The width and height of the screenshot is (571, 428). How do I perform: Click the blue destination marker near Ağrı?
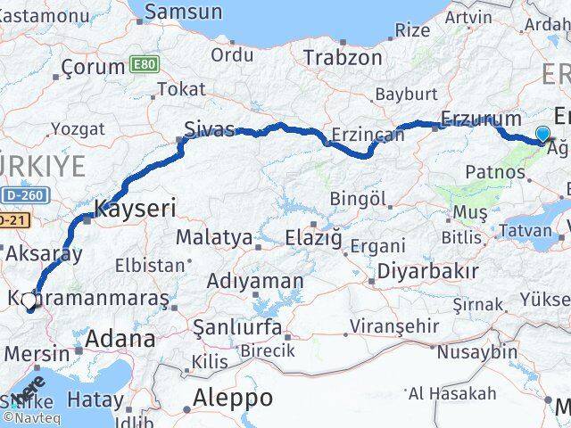542,135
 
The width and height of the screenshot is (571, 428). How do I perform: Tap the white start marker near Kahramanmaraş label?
29,301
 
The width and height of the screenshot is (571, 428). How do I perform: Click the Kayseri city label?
135,210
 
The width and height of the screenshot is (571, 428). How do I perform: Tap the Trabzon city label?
343,57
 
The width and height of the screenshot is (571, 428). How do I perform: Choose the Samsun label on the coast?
183,12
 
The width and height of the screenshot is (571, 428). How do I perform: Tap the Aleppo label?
234,397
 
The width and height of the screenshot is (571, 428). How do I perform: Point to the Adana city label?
120,339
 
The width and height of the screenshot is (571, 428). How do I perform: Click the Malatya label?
213,237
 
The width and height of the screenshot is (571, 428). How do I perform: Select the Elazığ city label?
313,237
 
